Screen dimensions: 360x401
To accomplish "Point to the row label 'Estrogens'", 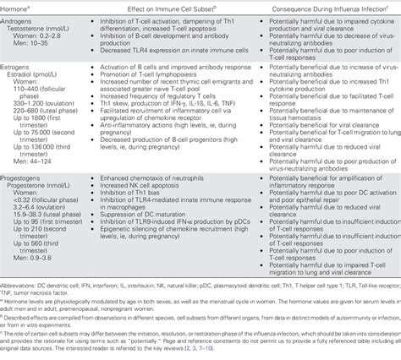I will pyautogui.click(x=22, y=76).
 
